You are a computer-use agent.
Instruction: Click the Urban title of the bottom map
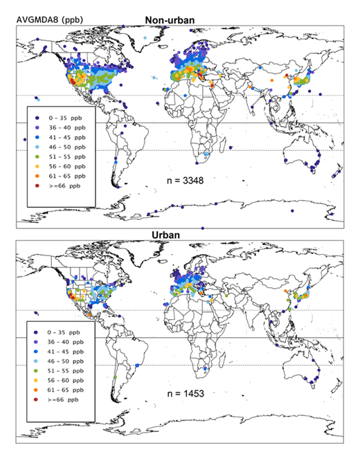click(x=179, y=235)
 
